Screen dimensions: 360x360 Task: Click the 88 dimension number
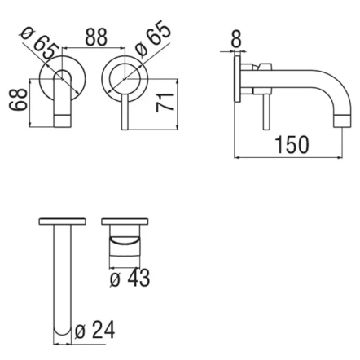(96, 37)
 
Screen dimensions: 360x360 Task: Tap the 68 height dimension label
(18, 99)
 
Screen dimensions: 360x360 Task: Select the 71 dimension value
(165, 102)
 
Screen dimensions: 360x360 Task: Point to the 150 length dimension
(292, 145)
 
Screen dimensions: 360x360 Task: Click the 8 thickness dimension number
(235, 39)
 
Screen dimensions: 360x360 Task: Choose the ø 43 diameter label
(130, 278)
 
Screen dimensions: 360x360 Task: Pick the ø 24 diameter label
(94, 330)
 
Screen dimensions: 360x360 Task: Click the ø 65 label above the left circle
(40, 42)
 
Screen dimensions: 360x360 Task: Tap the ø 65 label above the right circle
(153, 38)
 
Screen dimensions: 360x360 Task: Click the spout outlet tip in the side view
(343, 121)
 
